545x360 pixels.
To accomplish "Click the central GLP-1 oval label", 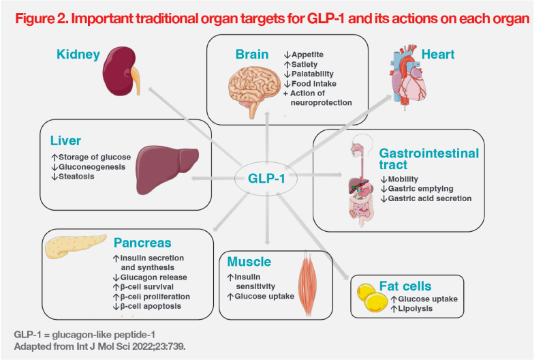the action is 266,179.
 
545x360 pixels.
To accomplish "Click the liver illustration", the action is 166,170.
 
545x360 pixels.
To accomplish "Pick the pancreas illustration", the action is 76,246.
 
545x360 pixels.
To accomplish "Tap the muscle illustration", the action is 307,283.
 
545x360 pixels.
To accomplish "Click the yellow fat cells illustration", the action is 372,298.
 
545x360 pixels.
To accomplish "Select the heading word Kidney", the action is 78,55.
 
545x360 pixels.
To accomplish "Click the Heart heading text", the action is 437,55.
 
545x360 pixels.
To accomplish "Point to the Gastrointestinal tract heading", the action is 429,159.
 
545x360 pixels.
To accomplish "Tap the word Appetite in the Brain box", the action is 307,55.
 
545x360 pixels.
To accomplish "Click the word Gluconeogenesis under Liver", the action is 92,167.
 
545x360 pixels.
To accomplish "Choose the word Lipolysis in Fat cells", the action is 415,309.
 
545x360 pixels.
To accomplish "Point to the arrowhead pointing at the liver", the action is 195,179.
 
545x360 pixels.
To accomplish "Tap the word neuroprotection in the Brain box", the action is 321,102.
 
